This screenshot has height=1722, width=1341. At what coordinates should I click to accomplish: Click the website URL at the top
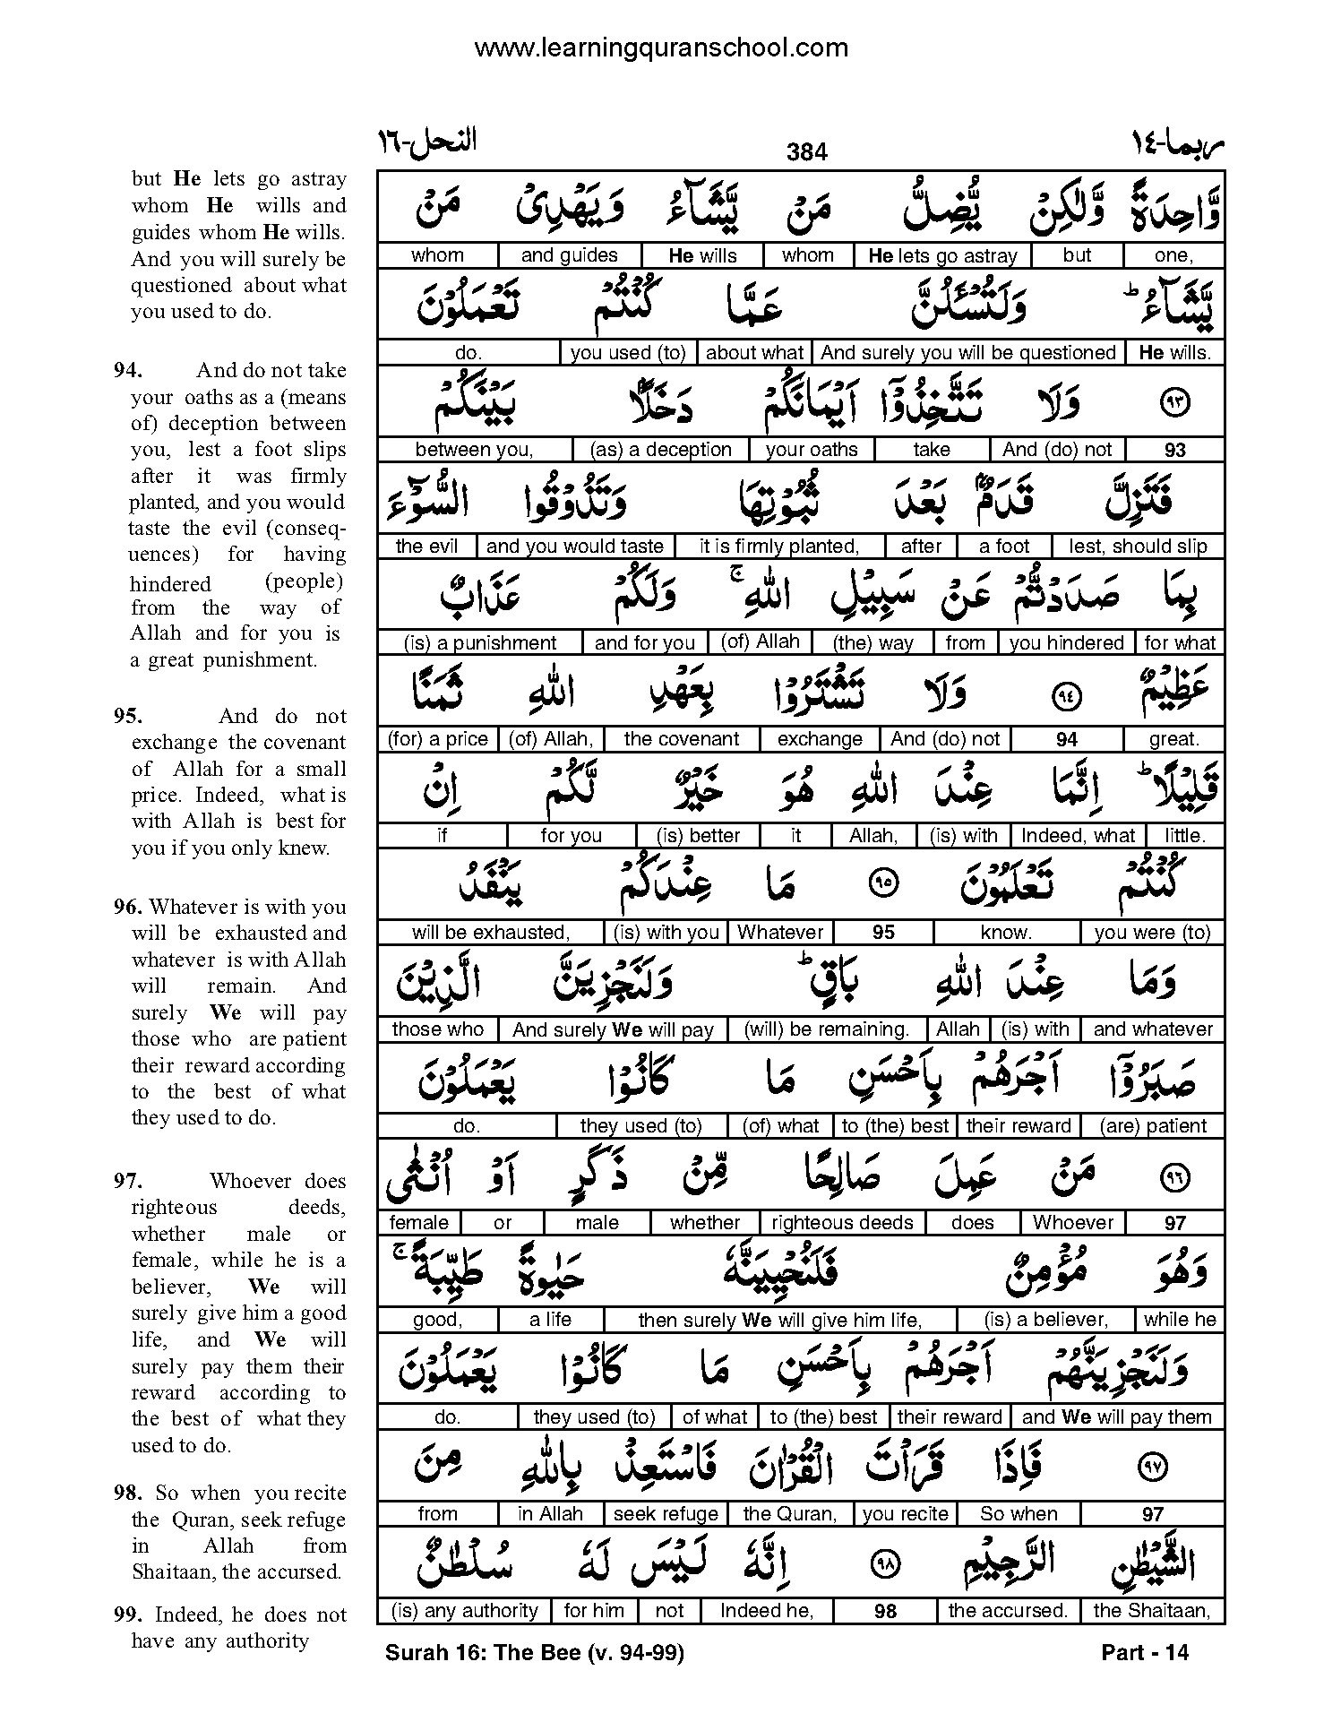(660, 47)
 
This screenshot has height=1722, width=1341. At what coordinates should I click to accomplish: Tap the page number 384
(806, 152)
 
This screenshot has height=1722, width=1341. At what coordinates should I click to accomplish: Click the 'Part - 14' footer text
(1144, 1652)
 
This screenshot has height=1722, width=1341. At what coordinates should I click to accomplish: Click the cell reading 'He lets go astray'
(942, 255)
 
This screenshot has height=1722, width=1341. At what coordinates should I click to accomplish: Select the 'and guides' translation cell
(569, 255)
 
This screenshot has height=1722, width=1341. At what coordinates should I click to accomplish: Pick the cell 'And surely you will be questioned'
(967, 353)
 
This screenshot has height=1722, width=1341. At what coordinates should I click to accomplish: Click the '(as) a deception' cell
(662, 450)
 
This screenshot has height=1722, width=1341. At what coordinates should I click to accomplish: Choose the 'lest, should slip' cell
(1138, 547)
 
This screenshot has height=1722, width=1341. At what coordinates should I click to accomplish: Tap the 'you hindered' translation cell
(1066, 643)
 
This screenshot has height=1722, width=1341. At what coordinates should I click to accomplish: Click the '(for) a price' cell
(437, 739)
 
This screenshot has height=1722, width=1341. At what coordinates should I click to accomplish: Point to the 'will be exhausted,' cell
(490, 933)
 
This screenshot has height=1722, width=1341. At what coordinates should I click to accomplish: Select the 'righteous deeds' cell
(842, 1223)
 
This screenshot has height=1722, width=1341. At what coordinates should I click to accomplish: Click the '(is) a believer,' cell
(1045, 1320)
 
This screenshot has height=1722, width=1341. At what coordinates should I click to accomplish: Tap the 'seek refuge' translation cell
(666, 1514)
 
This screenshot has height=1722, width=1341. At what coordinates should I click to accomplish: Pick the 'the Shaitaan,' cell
(1152, 1611)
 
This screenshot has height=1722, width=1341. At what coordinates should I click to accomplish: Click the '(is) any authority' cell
(464, 1611)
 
